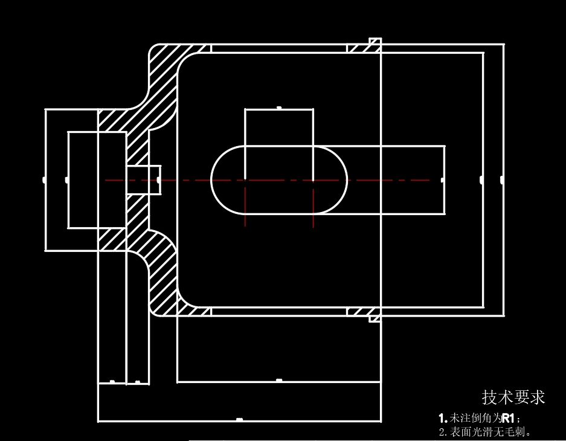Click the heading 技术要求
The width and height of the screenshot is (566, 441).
[x=513, y=398]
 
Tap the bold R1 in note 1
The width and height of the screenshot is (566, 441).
[x=507, y=418]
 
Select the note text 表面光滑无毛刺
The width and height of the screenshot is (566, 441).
[x=490, y=432]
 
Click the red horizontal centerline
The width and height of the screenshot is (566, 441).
[x=375, y=180]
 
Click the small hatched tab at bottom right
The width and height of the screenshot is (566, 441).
[x=365, y=312]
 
